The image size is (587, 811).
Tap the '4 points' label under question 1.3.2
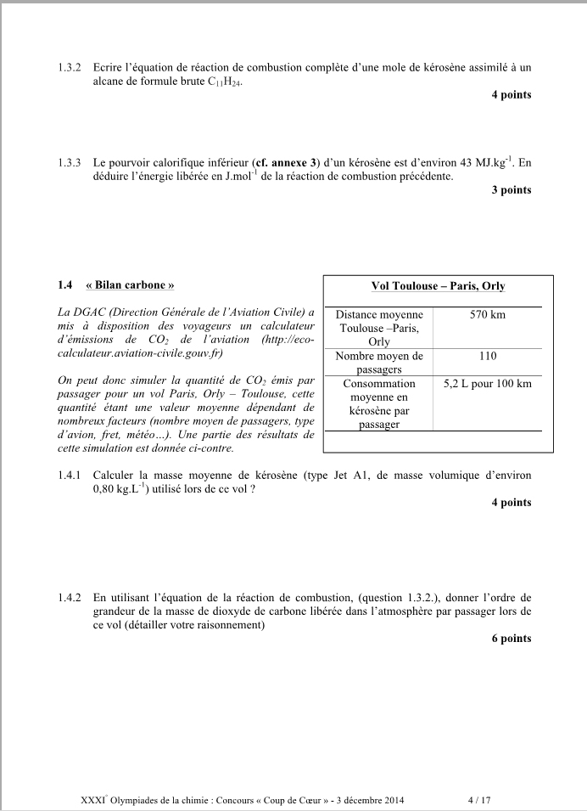511,95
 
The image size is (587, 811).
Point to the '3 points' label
511,190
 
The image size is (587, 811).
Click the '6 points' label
511,639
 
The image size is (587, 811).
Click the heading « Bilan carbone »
131,285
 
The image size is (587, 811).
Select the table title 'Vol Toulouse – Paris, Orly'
439,286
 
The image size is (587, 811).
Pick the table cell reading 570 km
487,315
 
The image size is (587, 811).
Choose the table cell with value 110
487,357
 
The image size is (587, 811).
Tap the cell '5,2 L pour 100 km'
487,384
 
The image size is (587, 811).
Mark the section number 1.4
67,285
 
